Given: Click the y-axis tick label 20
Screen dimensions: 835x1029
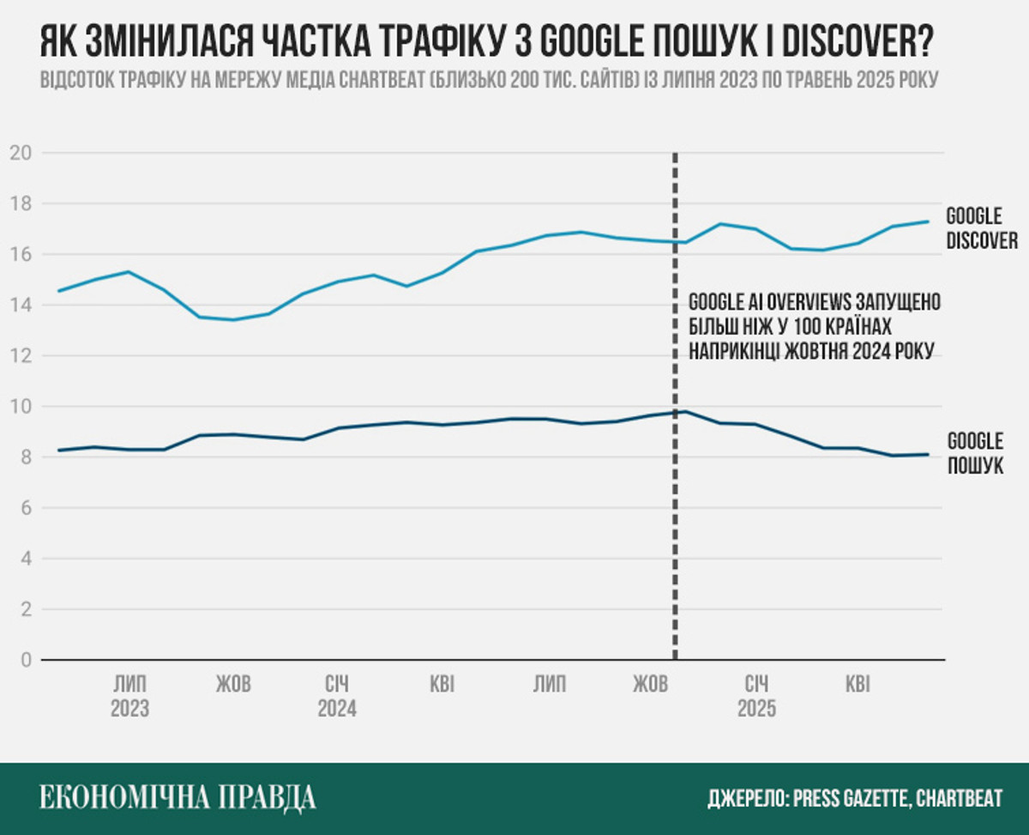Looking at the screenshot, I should (x=21, y=154).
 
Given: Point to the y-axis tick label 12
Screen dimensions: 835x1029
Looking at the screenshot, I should (x=21, y=356).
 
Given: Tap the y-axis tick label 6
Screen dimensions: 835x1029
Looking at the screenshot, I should (x=26, y=508).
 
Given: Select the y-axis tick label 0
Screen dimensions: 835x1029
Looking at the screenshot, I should (x=26, y=661).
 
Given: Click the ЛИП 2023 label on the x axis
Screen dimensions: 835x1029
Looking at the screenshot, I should (x=129, y=697).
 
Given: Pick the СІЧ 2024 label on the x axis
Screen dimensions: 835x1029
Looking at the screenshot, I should (x=337, y=697).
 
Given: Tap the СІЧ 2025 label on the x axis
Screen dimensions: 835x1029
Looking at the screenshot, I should (x=756, y=697).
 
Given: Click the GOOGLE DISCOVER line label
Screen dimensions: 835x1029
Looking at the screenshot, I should (x=981, y=228).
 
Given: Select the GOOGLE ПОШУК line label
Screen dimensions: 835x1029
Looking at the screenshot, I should (x=975, y=455).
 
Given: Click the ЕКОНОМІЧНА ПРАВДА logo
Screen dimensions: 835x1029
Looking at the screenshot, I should (x=178, y=798).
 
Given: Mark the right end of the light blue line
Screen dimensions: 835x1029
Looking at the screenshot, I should (x=930, y=221).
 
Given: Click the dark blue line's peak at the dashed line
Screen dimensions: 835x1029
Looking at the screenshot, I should (x=684, y=411).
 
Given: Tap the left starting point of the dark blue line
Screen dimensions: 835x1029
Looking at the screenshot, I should (x=58, y=451).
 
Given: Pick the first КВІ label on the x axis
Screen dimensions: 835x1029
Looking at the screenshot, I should (x=442, y=685).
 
